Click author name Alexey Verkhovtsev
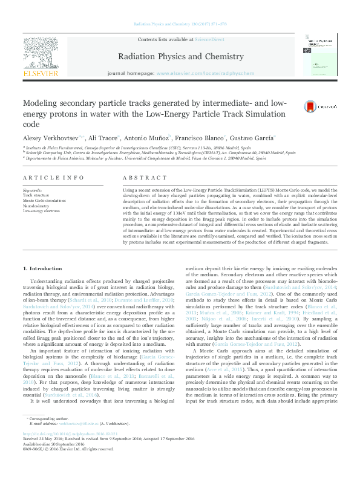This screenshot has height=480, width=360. [x=51, y=138]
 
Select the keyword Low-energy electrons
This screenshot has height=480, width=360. [x=41, y=210]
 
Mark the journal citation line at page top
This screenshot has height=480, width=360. [x=180, y=24]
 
